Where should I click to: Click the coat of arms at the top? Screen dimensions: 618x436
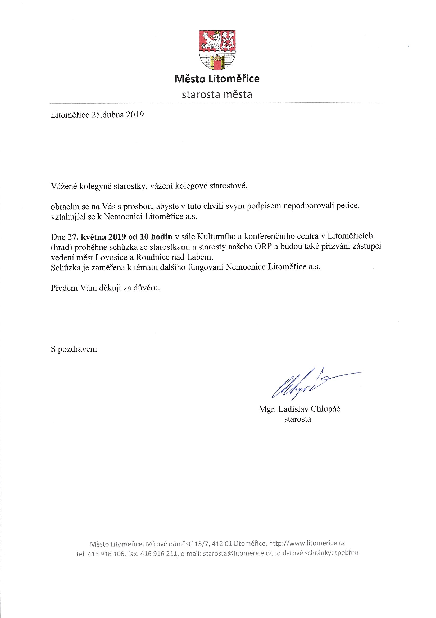[217, 49]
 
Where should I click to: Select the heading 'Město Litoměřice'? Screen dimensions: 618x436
[217, 79]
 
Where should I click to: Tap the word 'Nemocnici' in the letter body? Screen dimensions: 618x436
[123, 216]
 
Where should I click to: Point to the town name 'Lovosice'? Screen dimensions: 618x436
[111, 257]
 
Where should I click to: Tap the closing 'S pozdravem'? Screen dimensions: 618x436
[74, 349]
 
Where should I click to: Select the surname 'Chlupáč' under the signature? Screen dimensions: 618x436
[325, 409]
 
